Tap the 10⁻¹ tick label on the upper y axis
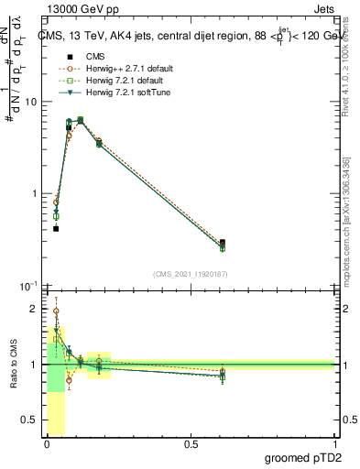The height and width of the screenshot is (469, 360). click(x=29, y=286)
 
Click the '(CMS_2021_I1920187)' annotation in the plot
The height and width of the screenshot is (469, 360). click(x=191, y=274)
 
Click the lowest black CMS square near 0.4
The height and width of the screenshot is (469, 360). click(x=56, y=228)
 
